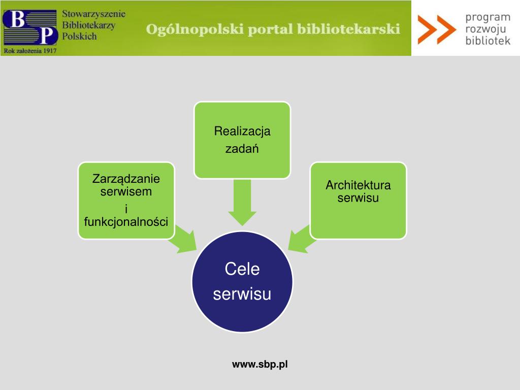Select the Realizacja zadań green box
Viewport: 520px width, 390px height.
click(242, 140)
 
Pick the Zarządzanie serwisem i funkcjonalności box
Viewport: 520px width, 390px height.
click(126, 201)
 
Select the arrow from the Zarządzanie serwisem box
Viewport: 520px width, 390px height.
click(184, 241)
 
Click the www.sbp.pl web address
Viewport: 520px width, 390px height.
click(260, 364)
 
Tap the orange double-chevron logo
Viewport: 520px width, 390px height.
click(436, 29)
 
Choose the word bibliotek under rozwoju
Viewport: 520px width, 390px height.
click(487, 41)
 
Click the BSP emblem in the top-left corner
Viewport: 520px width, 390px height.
click(30, 26)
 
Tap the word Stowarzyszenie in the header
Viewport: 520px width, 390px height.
click(94, 13)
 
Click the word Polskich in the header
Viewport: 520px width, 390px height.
click(79, 36)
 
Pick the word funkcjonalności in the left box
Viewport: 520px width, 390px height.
click(126, 221)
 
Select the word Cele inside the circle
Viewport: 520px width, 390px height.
click(242, 269)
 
